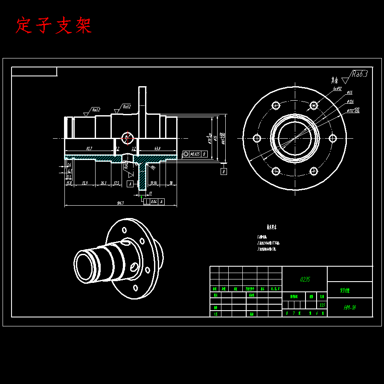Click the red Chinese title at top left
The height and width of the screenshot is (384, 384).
pyautogui.click(x=53, y=26)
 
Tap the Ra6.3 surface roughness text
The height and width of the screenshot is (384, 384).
pyautogui.click(x=359, y=74)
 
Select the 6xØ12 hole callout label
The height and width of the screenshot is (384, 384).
pyautogui.click(x=337, y=89)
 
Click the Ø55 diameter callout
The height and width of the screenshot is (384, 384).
pyautogui.click(x=349, y=92)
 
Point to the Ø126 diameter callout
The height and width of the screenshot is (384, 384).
pyautogui.click(x=350, y=102)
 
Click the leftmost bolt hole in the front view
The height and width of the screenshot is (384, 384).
pyautogui.click(x=257, y=138)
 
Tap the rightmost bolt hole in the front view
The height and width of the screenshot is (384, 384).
pyautogui.click(x=332, y=138)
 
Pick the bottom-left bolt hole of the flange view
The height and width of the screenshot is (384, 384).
pyautogui.click(x=276, y=171)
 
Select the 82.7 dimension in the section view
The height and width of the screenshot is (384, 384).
pyautogui.click(x=90, y=148)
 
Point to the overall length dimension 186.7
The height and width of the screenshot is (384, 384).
pyautogui.click(x=120, y=203)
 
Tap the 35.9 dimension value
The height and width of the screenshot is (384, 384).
pyautogui.click(x=84, y=183)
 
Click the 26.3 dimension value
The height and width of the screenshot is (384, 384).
pyautogui.click(x=103, y=183)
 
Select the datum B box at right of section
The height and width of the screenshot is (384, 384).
pyautogui.click(x=224, y=172)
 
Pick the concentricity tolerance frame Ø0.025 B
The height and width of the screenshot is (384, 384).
pyautogui.click(x=195, y=154)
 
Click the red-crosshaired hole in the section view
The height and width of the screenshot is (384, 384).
pyautogui.click(x=127, y=137)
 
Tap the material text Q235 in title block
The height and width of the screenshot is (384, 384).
pyautogui.click(x=305, y=279)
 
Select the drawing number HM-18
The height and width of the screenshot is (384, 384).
pyautogui.click(x=350, y=307)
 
